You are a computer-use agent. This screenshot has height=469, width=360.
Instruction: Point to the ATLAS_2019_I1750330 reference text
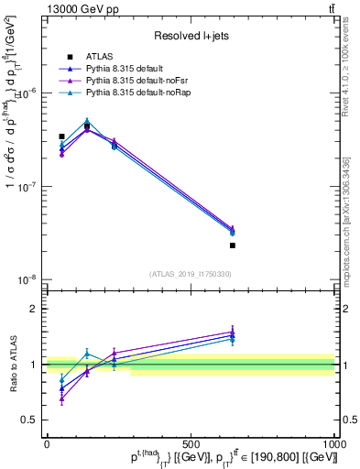click(x=190, y=273)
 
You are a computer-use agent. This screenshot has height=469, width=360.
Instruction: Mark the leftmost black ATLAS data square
click(x=61, y=136)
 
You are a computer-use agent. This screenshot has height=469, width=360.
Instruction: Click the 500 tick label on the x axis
click(x=191, y=443)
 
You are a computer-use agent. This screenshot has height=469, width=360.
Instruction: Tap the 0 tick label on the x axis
click(x=47, y=443)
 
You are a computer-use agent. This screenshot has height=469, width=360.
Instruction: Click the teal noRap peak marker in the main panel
click(x=87, y=121)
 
